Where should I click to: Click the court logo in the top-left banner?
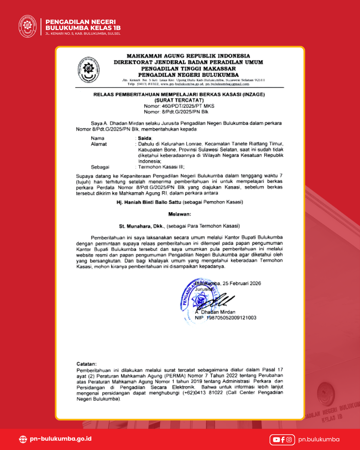pos(27,26)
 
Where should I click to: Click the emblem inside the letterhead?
pos(89,69)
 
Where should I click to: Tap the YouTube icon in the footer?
pos(276,440)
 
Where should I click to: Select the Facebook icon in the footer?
pos(283,440)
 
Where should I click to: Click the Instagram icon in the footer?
pos(289,440)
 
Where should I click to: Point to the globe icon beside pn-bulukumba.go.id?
pos(23,439)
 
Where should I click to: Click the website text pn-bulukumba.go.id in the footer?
pos(61,439)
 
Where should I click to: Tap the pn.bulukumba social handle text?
pos(319,439)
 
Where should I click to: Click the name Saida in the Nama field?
pos(145,138)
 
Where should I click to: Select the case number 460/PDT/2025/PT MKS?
pos(188,106)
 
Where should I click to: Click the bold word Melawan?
pos(180,214)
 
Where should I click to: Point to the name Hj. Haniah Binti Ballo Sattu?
pos(149,202)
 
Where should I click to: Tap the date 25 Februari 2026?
pos(242,283)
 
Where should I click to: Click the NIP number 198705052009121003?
pos(231,318)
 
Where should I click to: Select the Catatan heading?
pos(86,364)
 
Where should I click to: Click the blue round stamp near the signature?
pos(199,298)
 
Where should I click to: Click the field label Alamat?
pos(99,144)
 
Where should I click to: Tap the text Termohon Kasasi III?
pos(161,167)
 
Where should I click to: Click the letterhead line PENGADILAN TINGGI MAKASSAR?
pos(188,69)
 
